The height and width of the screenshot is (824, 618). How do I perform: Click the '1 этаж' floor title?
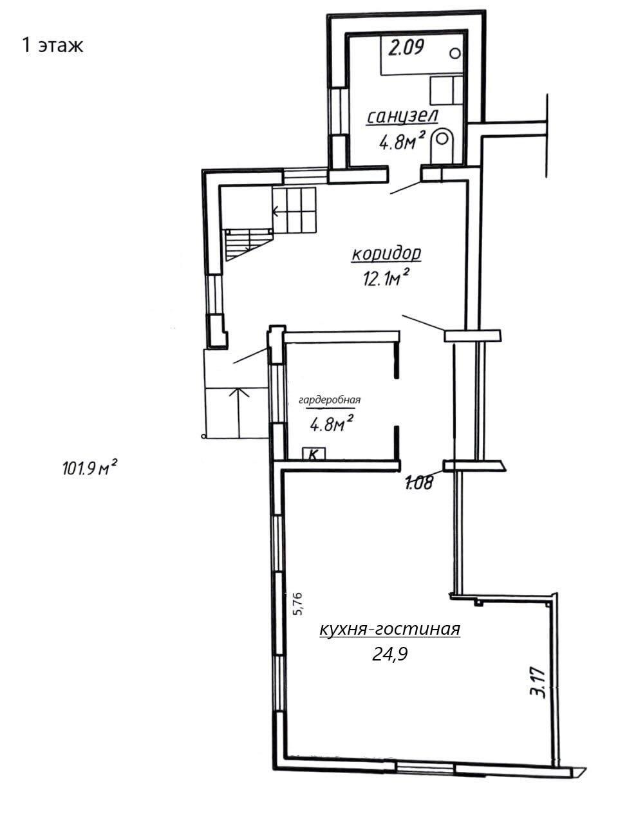[53, 46]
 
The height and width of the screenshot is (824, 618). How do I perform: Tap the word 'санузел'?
[402, 117]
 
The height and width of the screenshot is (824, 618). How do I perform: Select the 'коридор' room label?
[386, 254]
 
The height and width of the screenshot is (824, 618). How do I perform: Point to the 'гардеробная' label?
[330, 400]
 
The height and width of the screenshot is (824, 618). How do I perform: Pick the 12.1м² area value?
[386, 278]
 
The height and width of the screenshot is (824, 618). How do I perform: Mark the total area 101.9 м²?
[90, 468]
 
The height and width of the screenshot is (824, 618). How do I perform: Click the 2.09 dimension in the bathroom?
[406, 48]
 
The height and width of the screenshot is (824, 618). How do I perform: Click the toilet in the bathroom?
[442, 147]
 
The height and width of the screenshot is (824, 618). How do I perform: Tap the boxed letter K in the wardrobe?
[314, 454]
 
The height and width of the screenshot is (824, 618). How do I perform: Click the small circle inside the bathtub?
[454, 53]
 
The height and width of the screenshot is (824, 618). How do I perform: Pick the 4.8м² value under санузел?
[402, 141]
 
